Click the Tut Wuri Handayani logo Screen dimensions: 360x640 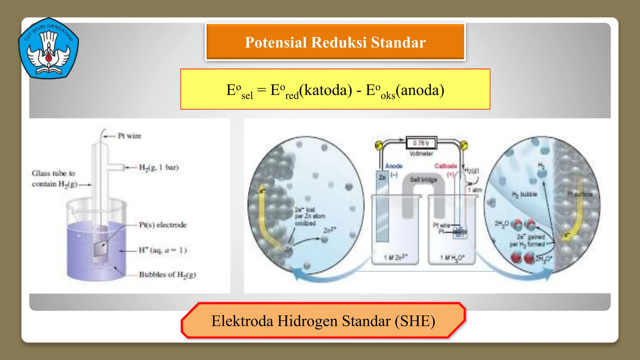48,48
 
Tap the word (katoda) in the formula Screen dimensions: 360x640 325,90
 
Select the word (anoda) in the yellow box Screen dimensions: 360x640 420,90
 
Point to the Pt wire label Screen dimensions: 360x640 129,136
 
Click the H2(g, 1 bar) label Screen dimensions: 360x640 159,167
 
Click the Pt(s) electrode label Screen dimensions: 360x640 162,225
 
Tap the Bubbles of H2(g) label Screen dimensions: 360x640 167,275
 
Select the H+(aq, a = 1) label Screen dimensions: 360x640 162,250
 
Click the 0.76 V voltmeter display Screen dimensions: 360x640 421,143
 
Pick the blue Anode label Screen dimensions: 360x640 394,166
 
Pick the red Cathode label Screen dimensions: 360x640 446,166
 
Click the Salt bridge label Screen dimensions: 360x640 423,180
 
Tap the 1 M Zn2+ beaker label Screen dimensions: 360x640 396,257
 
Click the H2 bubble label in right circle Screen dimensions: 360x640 524,194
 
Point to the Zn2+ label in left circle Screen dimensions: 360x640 330,230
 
